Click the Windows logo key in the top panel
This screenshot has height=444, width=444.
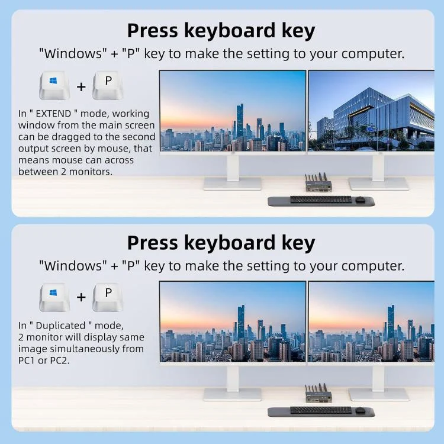coord(54,85)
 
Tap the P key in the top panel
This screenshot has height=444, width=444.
coord(108,85)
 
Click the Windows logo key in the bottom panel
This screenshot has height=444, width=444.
coord(54,297)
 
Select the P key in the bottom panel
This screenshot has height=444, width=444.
coord(108,297)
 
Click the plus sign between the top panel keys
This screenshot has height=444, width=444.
coord(81,86)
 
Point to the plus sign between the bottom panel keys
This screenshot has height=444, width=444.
coord(81,297)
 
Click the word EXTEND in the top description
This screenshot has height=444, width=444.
coord(53,114)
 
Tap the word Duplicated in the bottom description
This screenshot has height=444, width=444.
coord(60,326)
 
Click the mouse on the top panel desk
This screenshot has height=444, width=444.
coord(360,200)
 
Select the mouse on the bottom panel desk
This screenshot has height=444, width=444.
coord(360,410)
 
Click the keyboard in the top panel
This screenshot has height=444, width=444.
coord(321,200)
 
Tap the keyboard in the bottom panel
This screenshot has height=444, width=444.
coord(321,410)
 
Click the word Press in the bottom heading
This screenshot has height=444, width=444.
coord(153,243)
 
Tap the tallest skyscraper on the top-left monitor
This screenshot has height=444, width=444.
coord(240,122)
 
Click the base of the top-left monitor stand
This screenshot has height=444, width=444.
coord(233,184)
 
